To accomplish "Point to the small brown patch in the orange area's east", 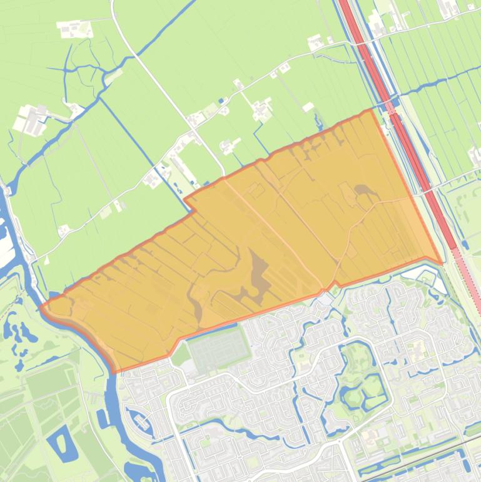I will pyautogui.click(x=362, y=190).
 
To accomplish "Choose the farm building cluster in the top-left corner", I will pyautogui.click(x=74, y=29).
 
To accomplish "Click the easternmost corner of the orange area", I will pyautogui.click(x=442, y=262).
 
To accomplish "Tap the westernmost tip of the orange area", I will pyautogui.click(x=41, y=307).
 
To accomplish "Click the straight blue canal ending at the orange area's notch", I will pyautogui.click(x=144, y=150).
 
